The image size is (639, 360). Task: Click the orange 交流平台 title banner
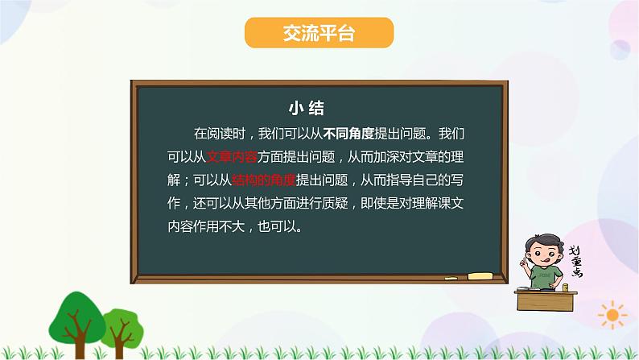(319, 34)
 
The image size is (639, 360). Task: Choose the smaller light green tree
(122, 322)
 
